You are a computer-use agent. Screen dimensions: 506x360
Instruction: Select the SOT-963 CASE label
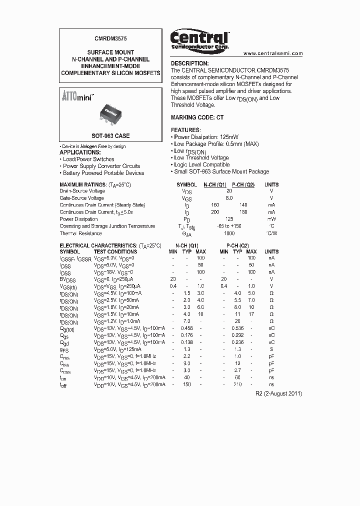pos(110,136)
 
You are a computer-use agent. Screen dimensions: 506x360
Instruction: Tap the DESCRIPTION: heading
pos(189,63)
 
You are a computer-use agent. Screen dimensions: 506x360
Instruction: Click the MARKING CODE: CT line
pos(197,117)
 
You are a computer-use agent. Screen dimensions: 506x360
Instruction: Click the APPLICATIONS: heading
pos(80,152)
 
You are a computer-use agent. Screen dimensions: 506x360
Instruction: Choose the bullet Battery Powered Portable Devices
pos(103,173)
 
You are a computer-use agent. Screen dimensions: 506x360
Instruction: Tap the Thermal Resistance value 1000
pos(229,233)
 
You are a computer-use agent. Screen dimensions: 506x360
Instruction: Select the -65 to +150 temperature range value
pos(229,226)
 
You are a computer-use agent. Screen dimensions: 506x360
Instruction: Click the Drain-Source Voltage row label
pos(82,191)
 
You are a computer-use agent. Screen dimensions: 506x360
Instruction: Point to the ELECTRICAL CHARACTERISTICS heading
pos(110,245)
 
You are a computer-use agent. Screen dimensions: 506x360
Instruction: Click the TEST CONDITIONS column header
pos(115,251)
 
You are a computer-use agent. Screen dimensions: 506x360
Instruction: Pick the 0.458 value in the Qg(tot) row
pos(187,328)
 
